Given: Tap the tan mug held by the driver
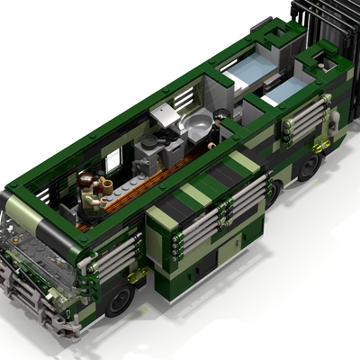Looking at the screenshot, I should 105,185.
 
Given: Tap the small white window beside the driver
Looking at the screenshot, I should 114,162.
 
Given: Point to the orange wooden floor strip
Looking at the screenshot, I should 135,188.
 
